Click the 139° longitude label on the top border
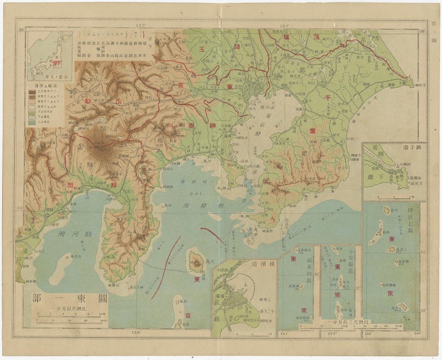point(142,25)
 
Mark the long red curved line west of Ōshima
point(165,267)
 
